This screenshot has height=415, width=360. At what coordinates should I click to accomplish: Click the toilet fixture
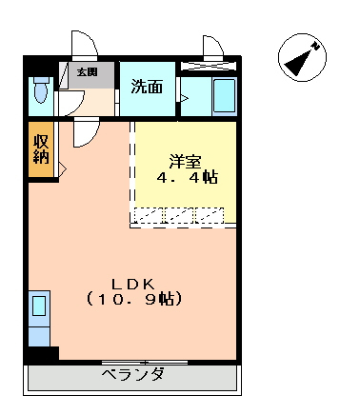click(41, 89)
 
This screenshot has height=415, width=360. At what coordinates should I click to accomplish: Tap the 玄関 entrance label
click(87, 72)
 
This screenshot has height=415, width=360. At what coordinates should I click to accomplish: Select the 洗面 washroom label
click(147, 87)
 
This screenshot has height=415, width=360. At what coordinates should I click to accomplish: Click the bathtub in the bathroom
click(225, 95)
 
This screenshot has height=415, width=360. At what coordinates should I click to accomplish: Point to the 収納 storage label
click(41, 148)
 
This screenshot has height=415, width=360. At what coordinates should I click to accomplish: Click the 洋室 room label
click(186, 162)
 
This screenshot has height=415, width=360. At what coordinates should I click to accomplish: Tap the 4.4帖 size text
click(188, 177)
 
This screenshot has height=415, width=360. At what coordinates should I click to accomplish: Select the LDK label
click(133, 285)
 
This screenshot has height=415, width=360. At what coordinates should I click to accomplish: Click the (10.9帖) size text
click(134, 299)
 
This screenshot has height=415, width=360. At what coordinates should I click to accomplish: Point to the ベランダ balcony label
click(133, 374)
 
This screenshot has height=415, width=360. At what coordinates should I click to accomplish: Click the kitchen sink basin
click(39, 306)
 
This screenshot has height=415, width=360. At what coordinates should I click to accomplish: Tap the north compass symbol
click(302, 57)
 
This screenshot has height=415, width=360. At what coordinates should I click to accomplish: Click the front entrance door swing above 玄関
click(85, 45)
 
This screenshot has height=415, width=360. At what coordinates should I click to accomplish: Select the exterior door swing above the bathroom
click(213, 48)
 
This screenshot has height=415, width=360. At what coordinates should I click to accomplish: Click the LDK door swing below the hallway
click(87, 132)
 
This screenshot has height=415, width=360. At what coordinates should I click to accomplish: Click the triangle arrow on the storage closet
click(62, 168)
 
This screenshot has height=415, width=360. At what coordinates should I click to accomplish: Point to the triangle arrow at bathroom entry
click(184, 98)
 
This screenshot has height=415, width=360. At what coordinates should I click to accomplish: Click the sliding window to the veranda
click(145, 362)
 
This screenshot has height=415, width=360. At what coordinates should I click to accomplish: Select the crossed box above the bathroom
click(209, 66)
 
